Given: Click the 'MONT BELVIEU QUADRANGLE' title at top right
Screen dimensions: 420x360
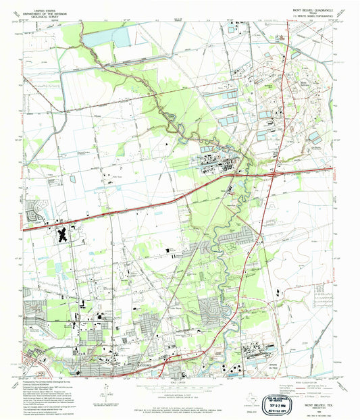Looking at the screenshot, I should click(311, 11).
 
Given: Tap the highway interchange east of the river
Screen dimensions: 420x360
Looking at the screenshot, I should click(271, 174).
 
